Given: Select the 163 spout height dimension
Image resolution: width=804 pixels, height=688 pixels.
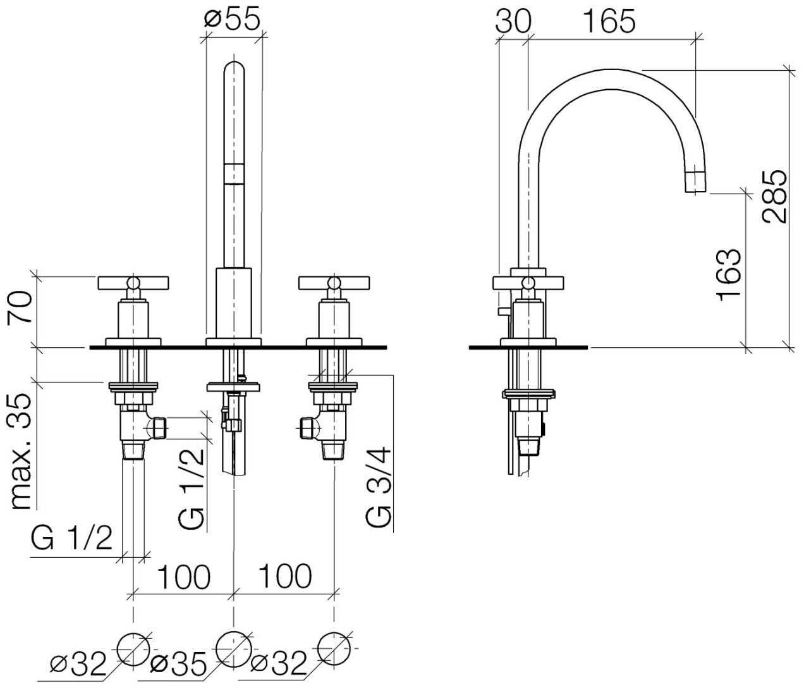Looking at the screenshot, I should [x=729, y=274].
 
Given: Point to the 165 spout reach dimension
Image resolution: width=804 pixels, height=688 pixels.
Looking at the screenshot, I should [x=608, y=22].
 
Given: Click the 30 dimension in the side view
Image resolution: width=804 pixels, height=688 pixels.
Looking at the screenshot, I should [x=513, y=22].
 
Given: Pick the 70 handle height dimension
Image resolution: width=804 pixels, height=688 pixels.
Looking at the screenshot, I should [x=23, y=307].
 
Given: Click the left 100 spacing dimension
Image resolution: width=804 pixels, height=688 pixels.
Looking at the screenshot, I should [x=183, y=577].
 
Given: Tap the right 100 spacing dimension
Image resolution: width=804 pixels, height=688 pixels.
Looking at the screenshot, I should [x=284, y=577].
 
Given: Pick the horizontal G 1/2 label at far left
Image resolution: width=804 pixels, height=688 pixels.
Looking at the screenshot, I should [x=71, y=539].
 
